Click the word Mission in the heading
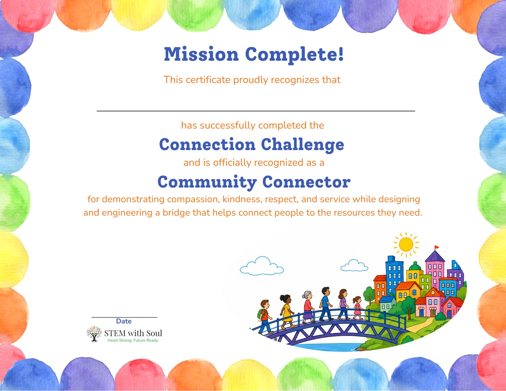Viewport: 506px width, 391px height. pos(201,54)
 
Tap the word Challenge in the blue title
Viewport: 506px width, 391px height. pos(303,144)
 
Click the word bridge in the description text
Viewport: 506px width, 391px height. pos(176,213)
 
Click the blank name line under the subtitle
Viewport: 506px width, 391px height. pos(256,111)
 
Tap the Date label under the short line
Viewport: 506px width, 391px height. pos(124,321)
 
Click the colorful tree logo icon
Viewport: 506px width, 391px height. pos(94,334)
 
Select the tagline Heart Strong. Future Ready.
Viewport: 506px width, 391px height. pos(133,340)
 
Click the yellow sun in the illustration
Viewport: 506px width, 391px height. pos(406,245)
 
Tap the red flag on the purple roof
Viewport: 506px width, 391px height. pos(437,247)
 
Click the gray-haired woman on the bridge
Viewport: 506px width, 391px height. pos(308,307)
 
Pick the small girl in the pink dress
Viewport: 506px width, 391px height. pos(358,308)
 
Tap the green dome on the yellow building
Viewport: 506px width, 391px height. pos(415,266)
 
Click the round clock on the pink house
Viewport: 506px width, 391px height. pos(433,292)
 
